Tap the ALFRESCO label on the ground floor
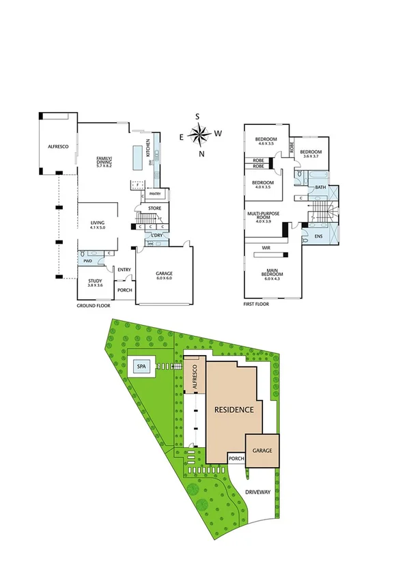click(x=56, y=146)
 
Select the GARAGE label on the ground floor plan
click(x=165, y=275)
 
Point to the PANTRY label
click(x=155, y=194)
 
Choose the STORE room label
click(x=155, y=209)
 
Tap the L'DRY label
click(x=156, y=236)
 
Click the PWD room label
click(x=87, y=261)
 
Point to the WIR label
click(x=266, y=248)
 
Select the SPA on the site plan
click(x=141, y=367)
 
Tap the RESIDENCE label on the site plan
click(x=234, y=410)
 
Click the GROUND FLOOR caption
click(x=92, y=306)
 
